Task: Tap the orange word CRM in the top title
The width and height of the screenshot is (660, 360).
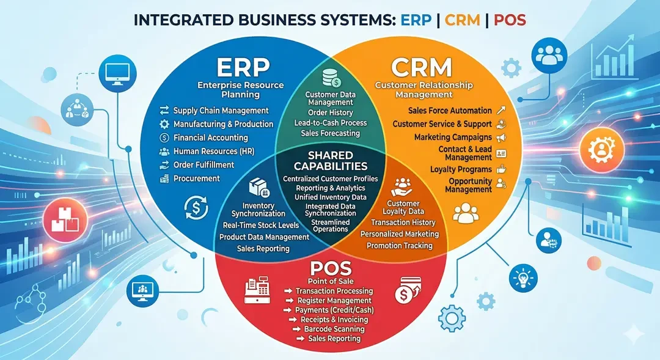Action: click(x=463, y=20)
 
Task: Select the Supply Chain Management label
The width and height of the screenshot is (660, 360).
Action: click(x=221, y=111)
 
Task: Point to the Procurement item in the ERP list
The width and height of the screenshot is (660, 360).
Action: click(x=196, y=178)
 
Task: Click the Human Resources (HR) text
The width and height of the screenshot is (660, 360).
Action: click(x=213, y=151)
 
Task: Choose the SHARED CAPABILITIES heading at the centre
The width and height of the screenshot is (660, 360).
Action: click(x=330, y=161)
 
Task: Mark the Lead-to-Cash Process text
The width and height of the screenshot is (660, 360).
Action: click(x=330, y=123)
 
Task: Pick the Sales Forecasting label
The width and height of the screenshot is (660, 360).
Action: click(x=330, y=133)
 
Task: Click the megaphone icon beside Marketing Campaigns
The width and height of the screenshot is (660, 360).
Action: click(x=501, y=138)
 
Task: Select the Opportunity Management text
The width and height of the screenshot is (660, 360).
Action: click(x=470, y=185)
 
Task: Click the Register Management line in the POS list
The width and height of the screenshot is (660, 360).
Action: click(x=334, y=301)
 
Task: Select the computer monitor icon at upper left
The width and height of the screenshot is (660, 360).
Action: click(x=115, y=72)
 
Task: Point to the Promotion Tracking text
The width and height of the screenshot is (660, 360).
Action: click(x=399, y=246)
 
